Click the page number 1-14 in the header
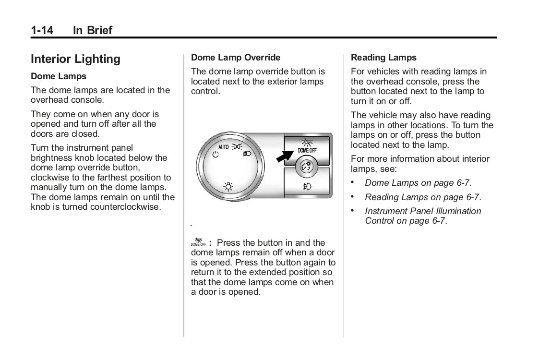click(42, 31)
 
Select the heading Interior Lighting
click(75, 59)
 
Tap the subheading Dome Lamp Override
click(235, 58)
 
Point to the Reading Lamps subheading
click(383, 58)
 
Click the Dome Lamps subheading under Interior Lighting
click(59, 76)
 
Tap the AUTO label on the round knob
click(224, 146)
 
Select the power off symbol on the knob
click(216, 155)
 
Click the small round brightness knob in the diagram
click(306, 167)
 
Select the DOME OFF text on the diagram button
click(307, 151)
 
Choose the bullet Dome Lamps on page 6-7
click(418, 183)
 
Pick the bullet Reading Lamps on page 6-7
click(422, 197)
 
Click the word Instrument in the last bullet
click(386, 211)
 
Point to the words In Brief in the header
click(92, 31)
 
